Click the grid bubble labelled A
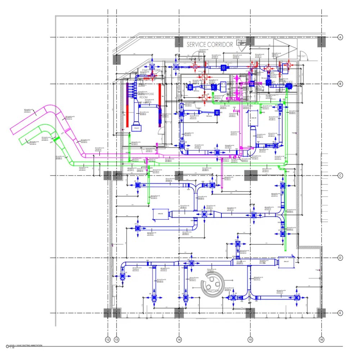[340, 37]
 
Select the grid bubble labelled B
[340, 84]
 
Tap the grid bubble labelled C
[340, 176]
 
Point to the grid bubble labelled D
[340, 258]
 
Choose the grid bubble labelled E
[340, 313]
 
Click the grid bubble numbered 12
[108, 339]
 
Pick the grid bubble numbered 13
[117, 339]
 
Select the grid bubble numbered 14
[179, 339]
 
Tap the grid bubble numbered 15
[250, 339]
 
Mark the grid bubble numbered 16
[321, 339]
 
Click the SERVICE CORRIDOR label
[210, 45]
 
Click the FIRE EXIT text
[301, 57]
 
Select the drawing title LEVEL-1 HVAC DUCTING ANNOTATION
[25, 345]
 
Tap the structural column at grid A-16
[321, 42]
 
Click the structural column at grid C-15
[250, 176]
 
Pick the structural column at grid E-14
[179, 313]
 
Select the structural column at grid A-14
[179, 42]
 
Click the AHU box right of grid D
[287, 261]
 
